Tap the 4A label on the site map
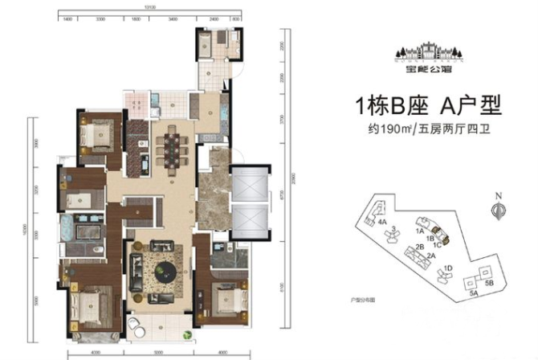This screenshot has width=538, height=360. (x=383, y=221)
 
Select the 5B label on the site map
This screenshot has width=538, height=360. (x=489, y=284)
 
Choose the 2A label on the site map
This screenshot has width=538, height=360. (x=430, y=256)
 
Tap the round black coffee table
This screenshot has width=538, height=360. (x=167, y=270)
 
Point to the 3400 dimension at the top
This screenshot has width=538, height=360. (x=173, y=16)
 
